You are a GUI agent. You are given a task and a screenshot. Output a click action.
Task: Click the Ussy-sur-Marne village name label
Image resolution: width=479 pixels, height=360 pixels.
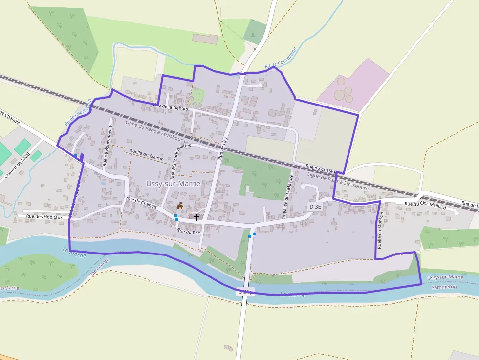173,183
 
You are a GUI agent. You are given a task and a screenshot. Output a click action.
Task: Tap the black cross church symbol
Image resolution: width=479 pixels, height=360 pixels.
196,217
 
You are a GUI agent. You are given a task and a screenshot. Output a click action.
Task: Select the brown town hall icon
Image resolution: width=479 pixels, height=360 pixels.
180,206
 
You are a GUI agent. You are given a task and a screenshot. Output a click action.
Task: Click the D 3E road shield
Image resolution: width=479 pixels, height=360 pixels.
316,207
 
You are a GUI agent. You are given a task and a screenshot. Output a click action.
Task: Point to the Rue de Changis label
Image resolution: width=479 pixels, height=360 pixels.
142,202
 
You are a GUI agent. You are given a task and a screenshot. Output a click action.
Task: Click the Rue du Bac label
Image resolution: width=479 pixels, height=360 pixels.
189,232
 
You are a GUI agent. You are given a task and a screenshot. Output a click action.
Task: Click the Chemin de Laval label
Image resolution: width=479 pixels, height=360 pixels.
17,165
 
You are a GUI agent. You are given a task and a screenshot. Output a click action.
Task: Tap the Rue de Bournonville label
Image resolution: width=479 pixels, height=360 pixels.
108,145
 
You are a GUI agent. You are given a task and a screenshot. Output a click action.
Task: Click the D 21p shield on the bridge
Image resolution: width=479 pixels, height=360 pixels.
246,292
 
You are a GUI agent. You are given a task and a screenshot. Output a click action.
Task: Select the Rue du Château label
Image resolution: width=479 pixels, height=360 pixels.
320,169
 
